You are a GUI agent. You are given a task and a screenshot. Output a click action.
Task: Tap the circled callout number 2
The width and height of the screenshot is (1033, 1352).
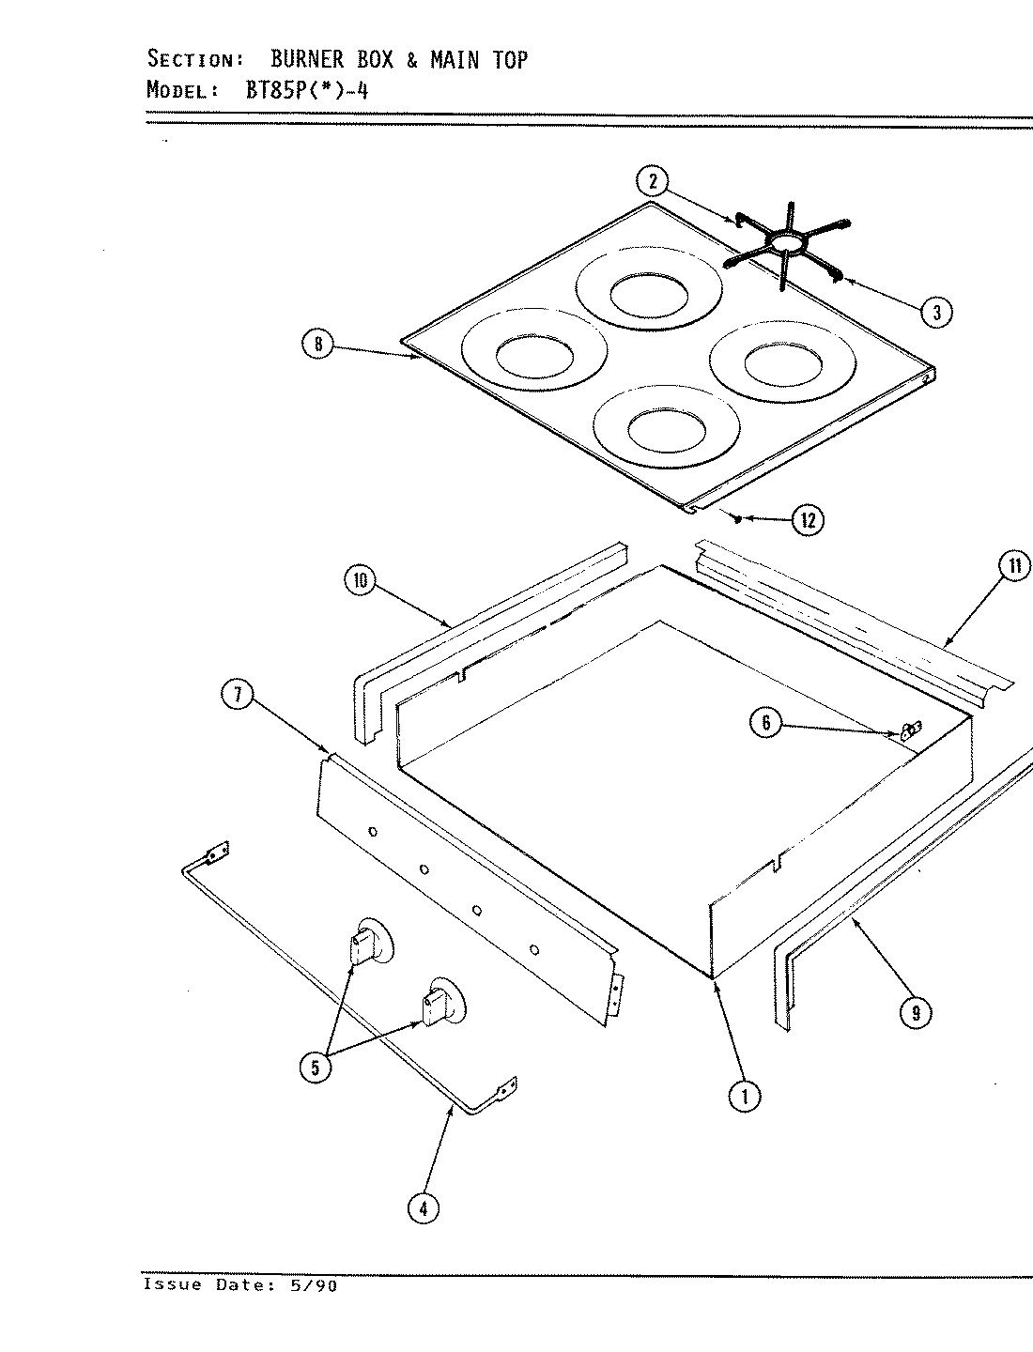pos(653,181)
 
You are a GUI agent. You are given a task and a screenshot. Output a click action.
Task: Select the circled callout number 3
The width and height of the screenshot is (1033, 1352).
pos(936,312)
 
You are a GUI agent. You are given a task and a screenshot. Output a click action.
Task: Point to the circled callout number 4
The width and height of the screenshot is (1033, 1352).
pos(424,1209)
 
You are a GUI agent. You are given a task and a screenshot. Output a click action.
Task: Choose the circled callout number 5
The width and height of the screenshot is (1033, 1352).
pos(315,1068)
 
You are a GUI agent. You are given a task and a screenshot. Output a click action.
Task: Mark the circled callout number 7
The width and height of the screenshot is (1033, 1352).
pos(238,697)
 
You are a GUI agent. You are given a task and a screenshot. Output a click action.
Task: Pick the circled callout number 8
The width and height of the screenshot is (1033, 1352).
pos(317,346)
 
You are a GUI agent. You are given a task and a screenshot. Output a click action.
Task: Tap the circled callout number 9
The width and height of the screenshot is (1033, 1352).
pos(916,1012)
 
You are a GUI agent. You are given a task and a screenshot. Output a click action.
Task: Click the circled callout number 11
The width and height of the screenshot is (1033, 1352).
pos(1013,566)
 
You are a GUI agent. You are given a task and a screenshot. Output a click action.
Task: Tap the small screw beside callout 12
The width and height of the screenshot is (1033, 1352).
pos(741,517)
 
